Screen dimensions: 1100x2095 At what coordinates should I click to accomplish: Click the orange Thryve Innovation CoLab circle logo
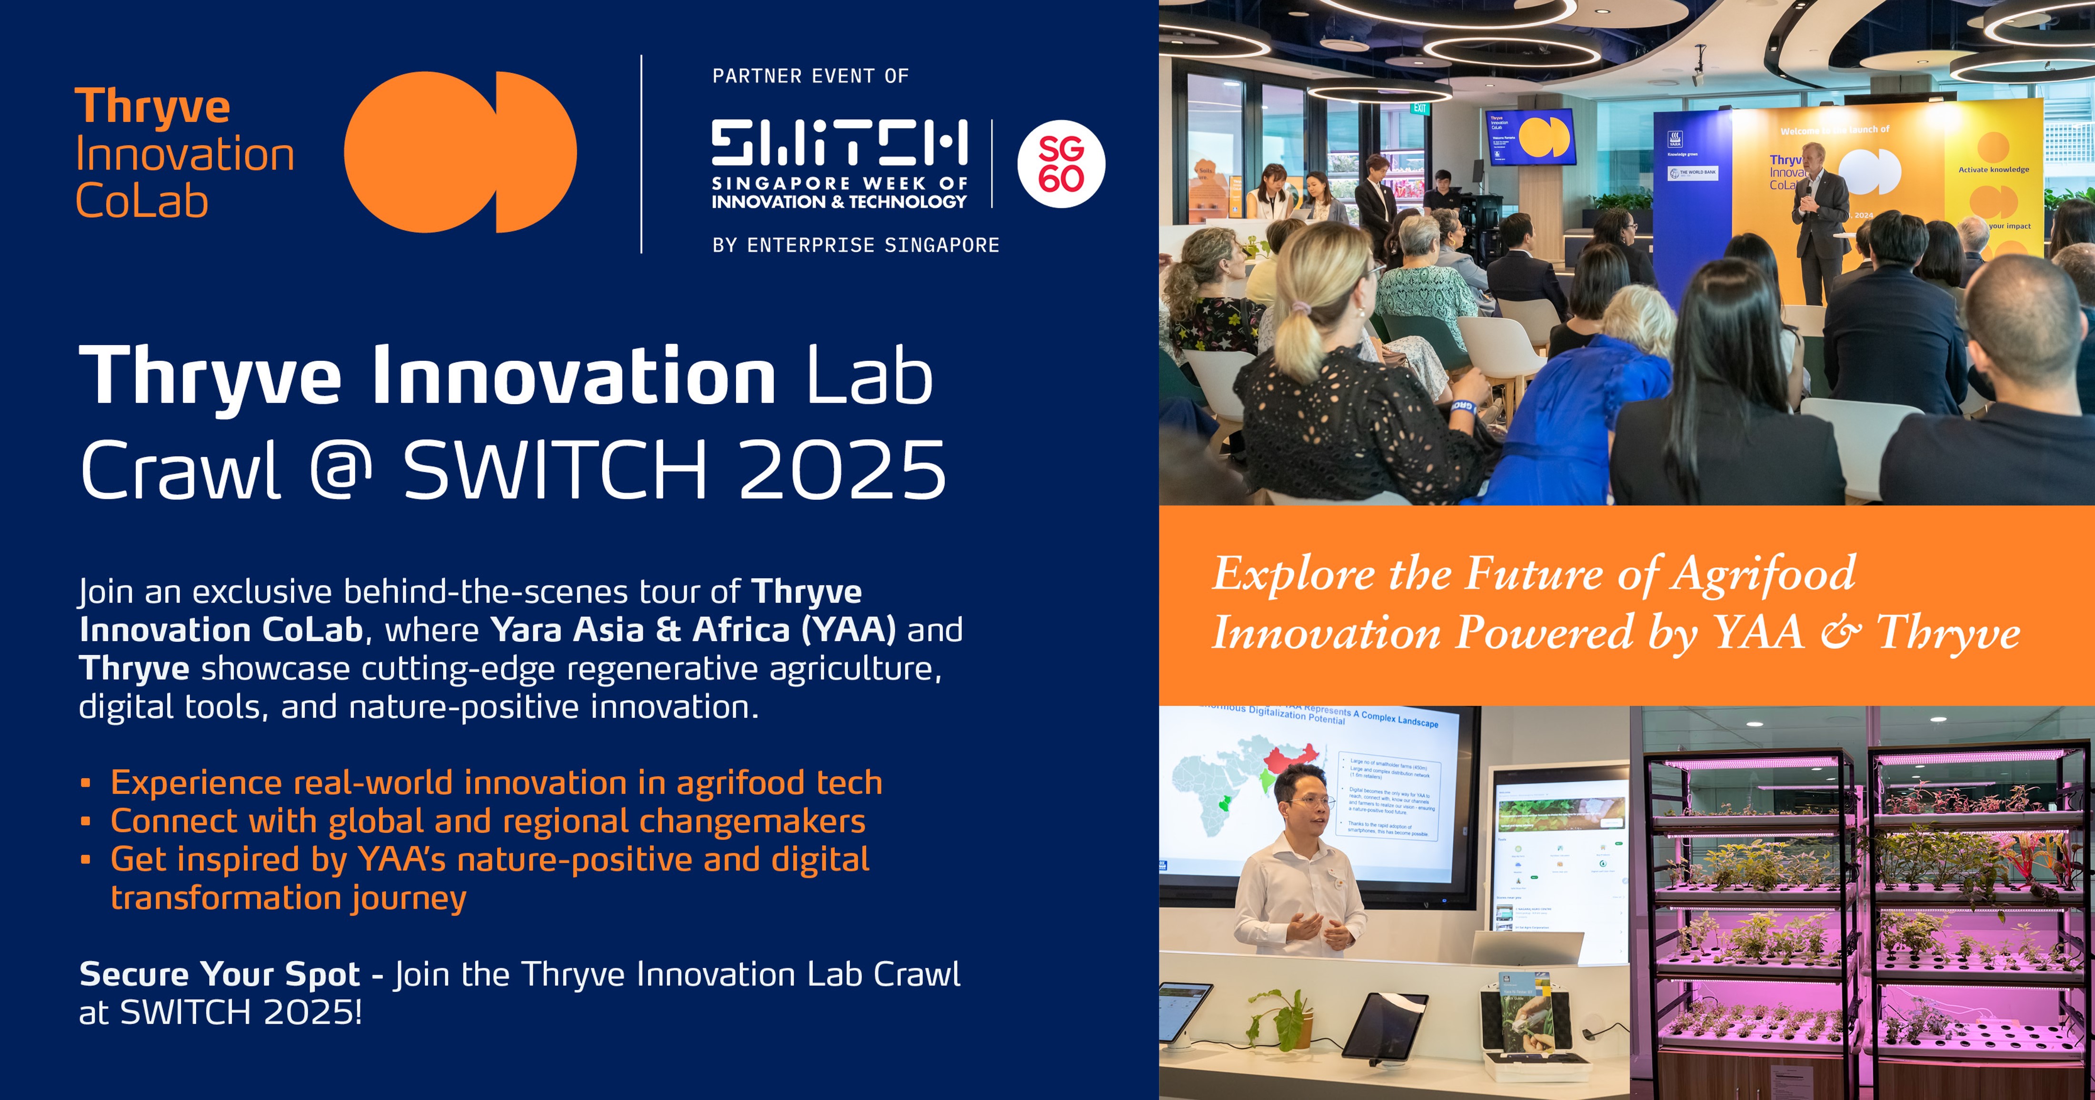(x=460, y=152)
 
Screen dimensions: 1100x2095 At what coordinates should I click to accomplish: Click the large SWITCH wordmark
(x=839, y=143)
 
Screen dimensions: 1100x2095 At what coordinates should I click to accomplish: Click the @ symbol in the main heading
(x=341, y=470)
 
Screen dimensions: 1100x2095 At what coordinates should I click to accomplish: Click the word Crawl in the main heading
(x=180, y=470)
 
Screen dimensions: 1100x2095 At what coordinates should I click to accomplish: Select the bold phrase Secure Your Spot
(x=219, y=974)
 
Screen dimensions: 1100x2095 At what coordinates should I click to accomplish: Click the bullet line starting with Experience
(x=496, y=782)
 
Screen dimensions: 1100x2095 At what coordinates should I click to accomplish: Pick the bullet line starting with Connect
(x=488, y=821)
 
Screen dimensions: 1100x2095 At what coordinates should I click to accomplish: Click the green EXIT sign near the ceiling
(x=1420, y=108)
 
